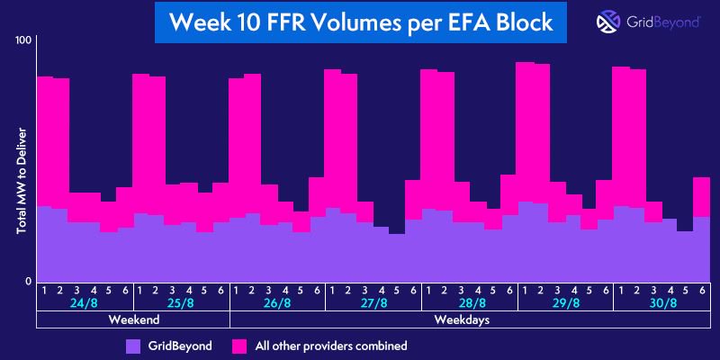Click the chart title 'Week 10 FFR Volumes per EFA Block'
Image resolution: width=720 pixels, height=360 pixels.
pos(360,22)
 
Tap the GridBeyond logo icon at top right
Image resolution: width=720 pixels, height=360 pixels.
pos(607,22)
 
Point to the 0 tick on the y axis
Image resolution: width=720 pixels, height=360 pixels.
pos(29,281)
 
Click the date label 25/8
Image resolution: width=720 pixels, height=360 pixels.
pos(181,304)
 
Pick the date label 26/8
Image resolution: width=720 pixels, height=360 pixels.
pos(276,304)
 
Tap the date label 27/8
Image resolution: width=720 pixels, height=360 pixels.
pos(373,304)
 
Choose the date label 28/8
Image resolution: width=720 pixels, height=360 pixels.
pos(468,304)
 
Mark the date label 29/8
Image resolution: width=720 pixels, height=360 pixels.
pos(564,304)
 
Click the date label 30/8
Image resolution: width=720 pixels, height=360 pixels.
pos(660,304)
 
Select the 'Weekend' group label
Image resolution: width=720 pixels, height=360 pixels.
pos(133,320)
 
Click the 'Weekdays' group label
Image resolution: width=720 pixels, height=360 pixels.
pos(468,320)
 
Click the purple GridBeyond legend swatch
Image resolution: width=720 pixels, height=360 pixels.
pos(134,345)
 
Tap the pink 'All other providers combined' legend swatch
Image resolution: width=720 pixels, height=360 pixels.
pos(240,345)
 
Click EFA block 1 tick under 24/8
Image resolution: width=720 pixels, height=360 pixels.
pos(44,290)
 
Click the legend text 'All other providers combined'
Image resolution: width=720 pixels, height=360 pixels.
pos(331,345)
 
